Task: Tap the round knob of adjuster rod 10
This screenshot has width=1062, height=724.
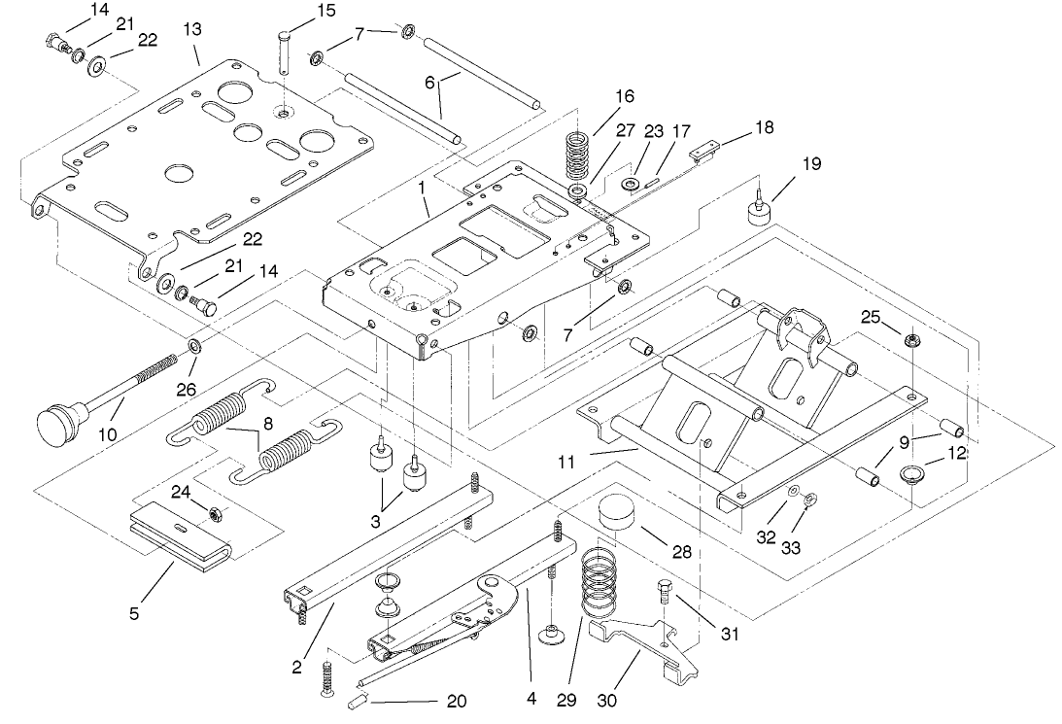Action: coord(57,422)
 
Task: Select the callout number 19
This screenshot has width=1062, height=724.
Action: coord(810,164)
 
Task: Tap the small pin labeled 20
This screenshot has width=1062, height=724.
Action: coord(357,698)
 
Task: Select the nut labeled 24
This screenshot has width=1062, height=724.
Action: coord(209,511)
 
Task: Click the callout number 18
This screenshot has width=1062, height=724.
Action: coord(767,127)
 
